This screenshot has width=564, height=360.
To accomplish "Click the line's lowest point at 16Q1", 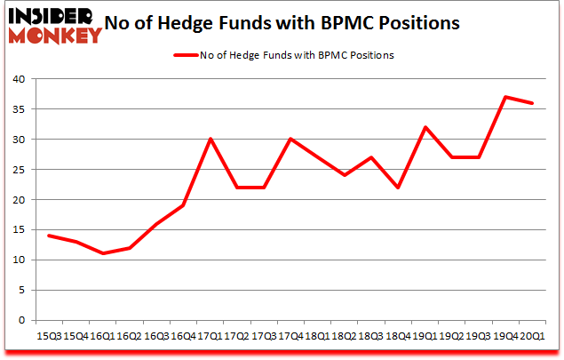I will click(103, 253).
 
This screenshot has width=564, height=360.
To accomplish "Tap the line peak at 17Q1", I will click(211, 139).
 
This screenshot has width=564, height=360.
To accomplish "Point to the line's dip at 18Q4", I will click(399, 187).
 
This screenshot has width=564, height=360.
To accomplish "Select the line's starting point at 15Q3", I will click(49, 236).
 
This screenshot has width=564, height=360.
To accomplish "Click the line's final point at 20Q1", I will click(533, 103).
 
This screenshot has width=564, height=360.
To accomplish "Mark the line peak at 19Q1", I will click(425, 127).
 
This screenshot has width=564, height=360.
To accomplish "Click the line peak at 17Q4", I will click(291, 139).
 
